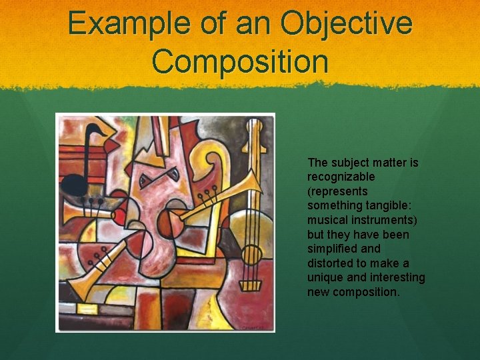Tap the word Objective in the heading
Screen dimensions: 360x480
tap(347, 23)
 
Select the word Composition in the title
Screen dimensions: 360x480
tap(240, 61)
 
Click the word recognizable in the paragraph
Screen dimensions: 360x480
tap(341, 177)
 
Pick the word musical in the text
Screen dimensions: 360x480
tap(327, 220)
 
